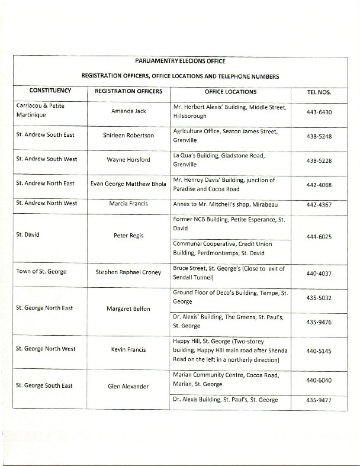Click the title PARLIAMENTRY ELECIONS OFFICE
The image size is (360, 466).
click(179, 60)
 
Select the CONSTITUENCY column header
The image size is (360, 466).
click(50, 91)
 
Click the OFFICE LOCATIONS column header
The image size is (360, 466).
click(231, 92)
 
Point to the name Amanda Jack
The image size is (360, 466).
click(129, 111)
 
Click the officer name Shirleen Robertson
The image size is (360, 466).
click(129, 135)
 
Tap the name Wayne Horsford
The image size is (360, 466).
click(129, 159)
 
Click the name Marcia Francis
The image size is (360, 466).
click(129, 204)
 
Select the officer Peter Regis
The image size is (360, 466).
click(129, 235)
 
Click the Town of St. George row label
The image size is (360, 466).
click(41, 271)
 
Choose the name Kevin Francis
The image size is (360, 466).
click(129, 350)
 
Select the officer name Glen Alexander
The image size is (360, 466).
click(129, 387)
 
